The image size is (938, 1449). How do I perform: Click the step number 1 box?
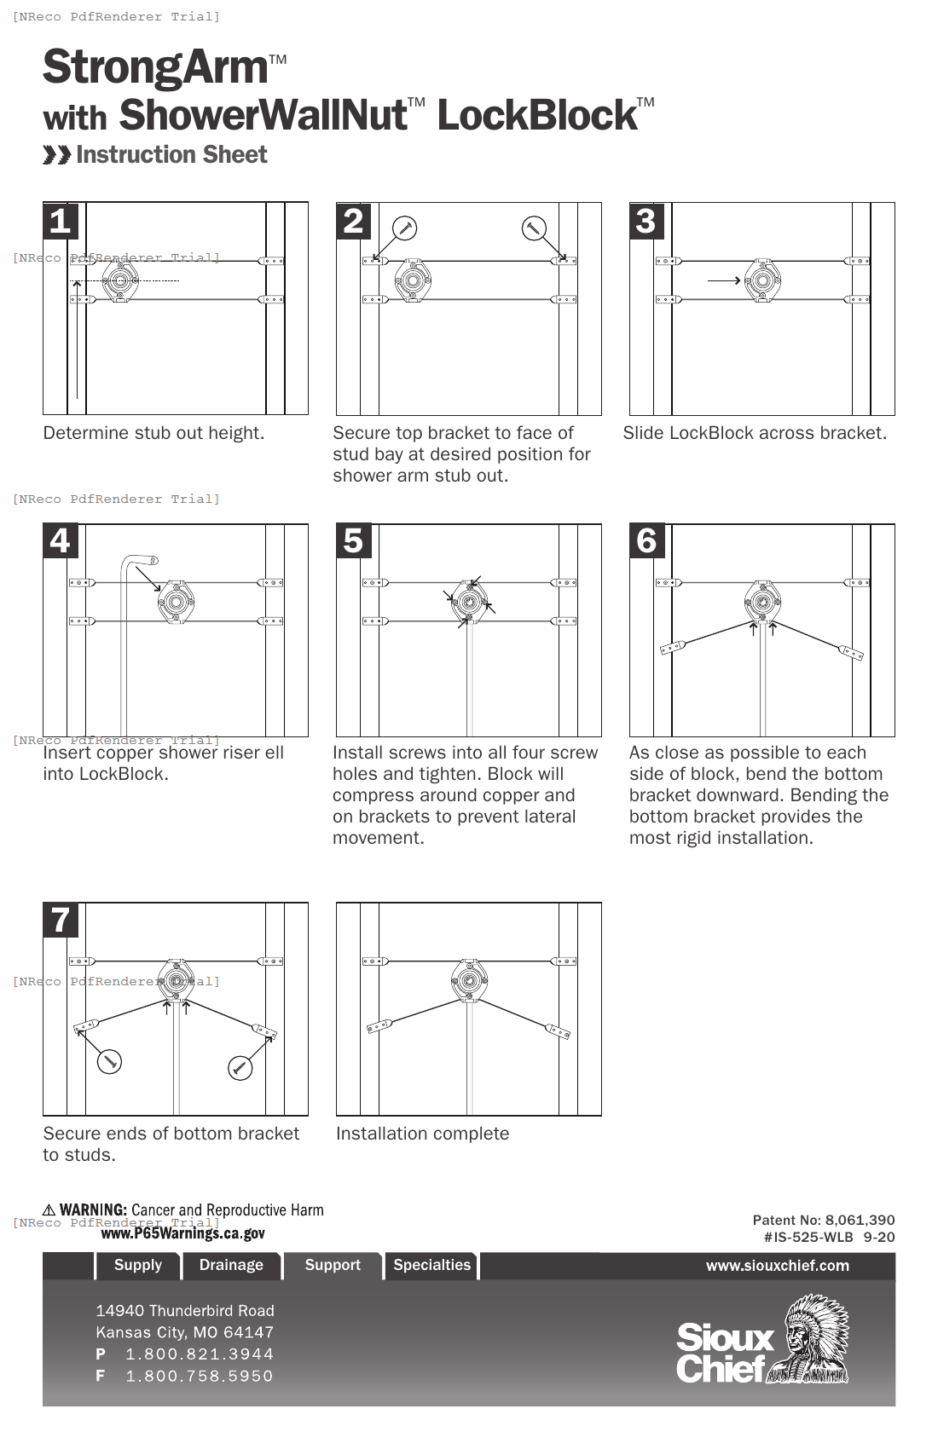click(61, 221)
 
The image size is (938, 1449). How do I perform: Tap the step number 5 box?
click(354, 541)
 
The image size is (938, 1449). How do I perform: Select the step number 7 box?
click(61, 920)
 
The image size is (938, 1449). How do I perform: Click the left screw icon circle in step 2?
click(404, 228)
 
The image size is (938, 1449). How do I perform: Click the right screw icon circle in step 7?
click(240, 1068)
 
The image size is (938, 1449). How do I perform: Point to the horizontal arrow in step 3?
click(724, 280)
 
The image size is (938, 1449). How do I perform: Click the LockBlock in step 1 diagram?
click(120, 280)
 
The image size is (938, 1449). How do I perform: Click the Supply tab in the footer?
click(138, 1265)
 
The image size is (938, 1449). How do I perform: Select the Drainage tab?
click(231, 1265)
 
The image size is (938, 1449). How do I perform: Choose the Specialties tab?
click(431, 1265)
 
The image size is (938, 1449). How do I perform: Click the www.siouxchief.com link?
click(777, 1266)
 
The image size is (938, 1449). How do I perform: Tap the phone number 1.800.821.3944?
click(200, 1354)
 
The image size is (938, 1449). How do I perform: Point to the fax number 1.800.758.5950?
click(200, 1376)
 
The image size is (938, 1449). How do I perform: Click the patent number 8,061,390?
click(860, 1220)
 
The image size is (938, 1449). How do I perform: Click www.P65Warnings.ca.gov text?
click(182, 1233)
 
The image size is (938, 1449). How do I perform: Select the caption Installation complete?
click(422, 1134)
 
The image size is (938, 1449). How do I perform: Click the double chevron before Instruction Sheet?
click(57, 155)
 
